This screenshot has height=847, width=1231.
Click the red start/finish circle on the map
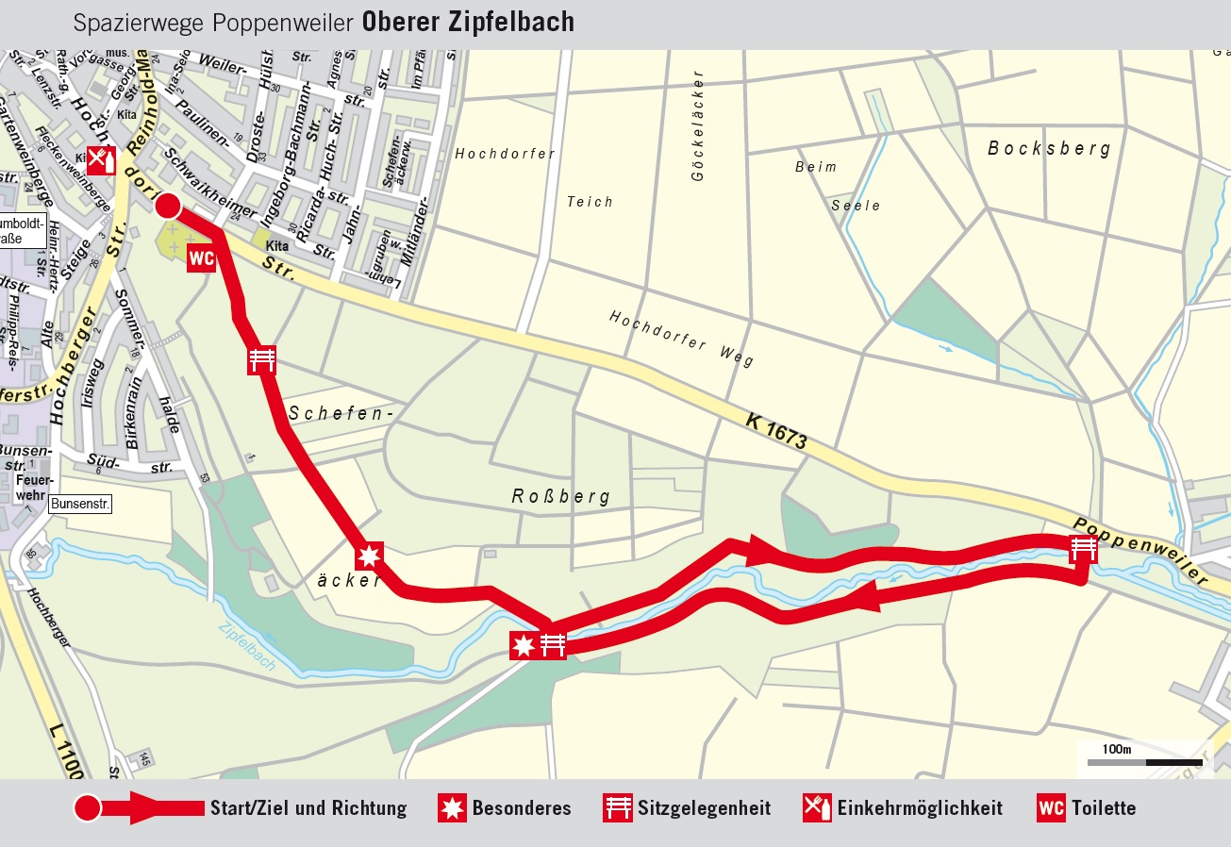(x=167, y=207)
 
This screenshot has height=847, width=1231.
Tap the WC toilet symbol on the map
(x=202, y=257)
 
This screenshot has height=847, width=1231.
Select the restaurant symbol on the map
(x=102, y=160)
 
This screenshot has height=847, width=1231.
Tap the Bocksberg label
(x=1049, y=149)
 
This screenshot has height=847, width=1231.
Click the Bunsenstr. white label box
(x=81, y=505)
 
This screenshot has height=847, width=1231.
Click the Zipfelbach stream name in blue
(x=247, y=646)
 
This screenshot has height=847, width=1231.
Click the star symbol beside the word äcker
(x=369, y=556)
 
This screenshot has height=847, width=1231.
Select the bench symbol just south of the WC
(x=261, y=360)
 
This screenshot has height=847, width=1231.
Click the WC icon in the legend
(x=1051, y=808)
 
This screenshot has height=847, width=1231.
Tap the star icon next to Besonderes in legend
(x=453, y=808)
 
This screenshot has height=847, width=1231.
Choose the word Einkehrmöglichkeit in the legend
(x=919, y=808)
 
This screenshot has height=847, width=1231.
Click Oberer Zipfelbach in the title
(x=468, y=23)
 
